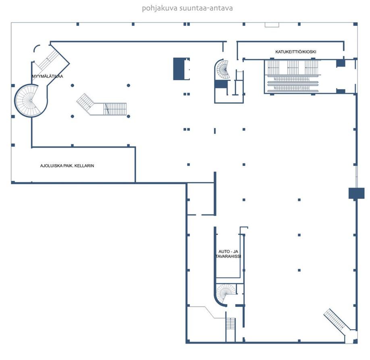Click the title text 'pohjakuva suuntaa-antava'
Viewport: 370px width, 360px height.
(x=187, y=8)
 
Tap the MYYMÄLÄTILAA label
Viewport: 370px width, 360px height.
(x=48, y=76)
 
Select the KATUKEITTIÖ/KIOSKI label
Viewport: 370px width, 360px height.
(x=296, y=52)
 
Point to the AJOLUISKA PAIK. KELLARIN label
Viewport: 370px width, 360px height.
(x=67, y=166)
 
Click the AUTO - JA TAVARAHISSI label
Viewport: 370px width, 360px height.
(x=228, y=254)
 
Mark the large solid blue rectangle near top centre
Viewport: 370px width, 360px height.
(x=179, y=69)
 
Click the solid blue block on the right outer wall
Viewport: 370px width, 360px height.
(x=356, y=193)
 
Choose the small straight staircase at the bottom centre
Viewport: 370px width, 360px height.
(x=231, y=324)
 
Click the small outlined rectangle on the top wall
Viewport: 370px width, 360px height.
(x=272, y=25)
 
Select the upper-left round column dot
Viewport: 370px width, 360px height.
(x=73, y=85)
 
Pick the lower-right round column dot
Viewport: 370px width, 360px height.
(x=128, y=116)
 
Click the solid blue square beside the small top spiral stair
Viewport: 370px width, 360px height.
(x=221, y=84)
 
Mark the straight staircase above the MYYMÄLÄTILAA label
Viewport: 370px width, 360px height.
(x=49, y=59)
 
